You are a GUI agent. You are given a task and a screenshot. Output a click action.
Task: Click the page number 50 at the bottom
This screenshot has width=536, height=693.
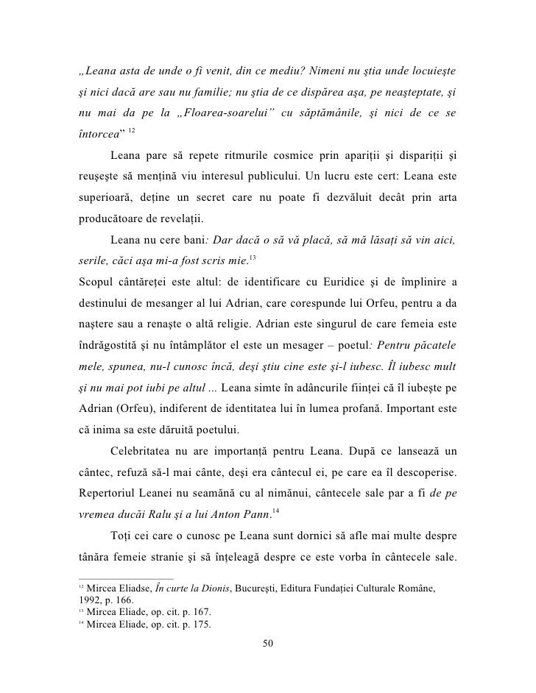267,645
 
